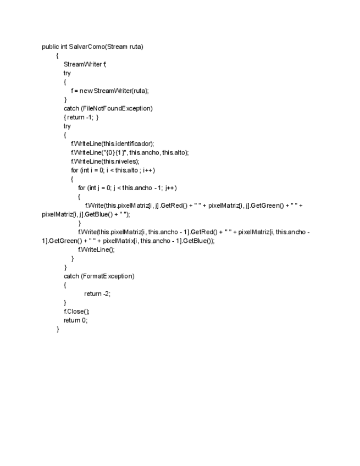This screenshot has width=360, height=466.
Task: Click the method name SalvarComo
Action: point(87,47)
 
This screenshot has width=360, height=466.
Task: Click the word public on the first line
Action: point(51,47)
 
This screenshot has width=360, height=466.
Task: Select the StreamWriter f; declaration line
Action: point(85,64)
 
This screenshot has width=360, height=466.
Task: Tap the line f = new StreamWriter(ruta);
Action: point(110,91)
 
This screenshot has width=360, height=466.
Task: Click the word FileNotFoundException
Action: point(117,108)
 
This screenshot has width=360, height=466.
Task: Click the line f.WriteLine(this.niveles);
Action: point(106,161)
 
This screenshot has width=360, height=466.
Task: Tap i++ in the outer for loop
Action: point(149,170)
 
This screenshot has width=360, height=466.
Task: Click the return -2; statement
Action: point(97,293)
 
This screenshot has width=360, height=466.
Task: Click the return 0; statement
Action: point(75,320)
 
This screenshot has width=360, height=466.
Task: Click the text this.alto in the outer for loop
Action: point(126,170)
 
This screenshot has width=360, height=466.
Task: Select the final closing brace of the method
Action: point(58,329)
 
